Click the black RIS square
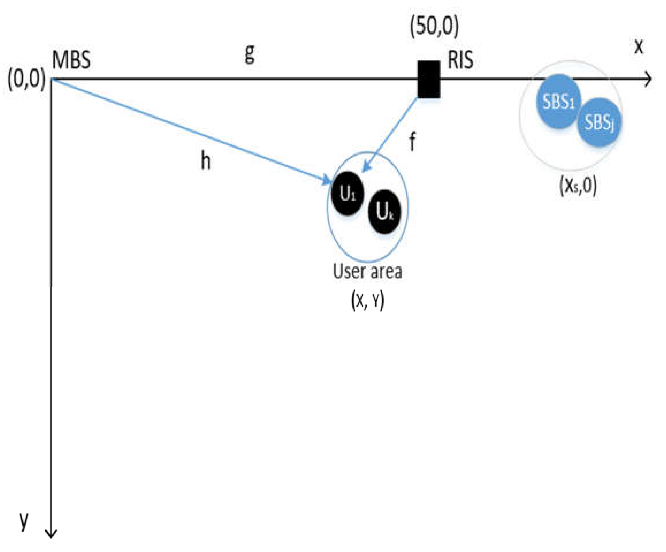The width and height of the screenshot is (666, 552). coord(429,79)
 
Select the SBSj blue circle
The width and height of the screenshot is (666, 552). coord(599,122)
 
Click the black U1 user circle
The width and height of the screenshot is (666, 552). coord(348,194)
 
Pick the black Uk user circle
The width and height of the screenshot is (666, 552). coord(384,211)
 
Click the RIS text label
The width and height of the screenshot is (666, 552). coord(460,60)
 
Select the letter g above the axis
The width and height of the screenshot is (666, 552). coord(250,54)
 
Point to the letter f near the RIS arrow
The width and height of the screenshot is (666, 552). coord(412,141)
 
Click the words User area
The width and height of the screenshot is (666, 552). coord(367,272)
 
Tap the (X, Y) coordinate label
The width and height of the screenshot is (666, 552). coord(367,300)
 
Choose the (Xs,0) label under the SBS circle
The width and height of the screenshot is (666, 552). coord(578,186)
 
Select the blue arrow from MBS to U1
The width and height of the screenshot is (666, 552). coord(190,132)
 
